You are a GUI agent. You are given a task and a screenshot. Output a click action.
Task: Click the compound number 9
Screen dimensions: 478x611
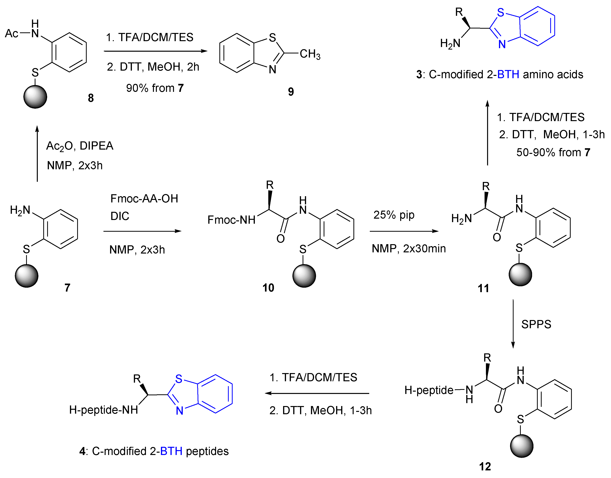(x=291, y=92)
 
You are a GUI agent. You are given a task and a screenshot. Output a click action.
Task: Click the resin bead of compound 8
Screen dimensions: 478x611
(x=35, y=97)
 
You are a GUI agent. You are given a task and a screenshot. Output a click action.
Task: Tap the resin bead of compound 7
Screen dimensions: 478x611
(x=26, y=276)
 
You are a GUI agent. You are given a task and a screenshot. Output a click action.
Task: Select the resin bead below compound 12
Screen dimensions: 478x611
(x=522, y=446)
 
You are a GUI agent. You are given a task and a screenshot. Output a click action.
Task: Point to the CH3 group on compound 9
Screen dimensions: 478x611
(x=310, y=54)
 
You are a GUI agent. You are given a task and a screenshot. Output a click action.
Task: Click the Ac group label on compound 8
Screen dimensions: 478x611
(x=12, y=34)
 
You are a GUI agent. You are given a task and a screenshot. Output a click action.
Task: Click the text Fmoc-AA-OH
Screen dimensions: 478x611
(x=144, y=199)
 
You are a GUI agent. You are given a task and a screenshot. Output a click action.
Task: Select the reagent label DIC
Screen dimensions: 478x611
(x=120, y=216)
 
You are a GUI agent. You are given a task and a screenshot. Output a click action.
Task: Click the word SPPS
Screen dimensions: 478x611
(x=536, y=324)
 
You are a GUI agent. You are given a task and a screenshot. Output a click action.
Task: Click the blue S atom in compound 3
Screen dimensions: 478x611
(x=501, y=13)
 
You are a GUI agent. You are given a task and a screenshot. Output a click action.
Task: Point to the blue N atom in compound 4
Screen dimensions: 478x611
(x=179, y=411)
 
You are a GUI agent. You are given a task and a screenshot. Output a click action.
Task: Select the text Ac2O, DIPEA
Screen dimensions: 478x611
(x=80, y=146)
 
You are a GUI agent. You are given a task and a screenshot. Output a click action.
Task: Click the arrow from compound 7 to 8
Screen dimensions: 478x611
(x=37, y=154)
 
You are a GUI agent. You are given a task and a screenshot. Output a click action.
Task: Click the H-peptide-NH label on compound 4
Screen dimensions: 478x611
(x=103, y=410)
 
